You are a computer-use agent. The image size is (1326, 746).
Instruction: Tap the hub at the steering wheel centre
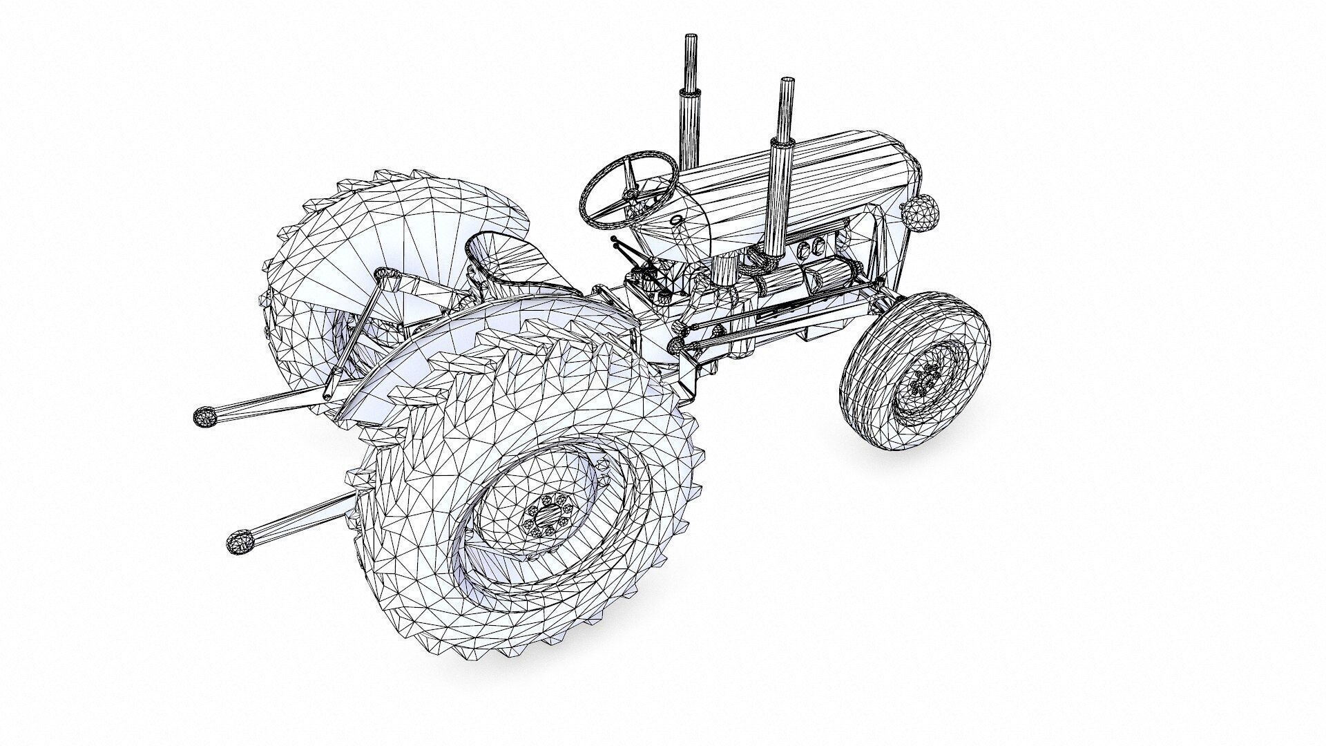[x=630, y=193]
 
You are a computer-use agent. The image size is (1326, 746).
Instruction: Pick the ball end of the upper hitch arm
[x=204, y=417]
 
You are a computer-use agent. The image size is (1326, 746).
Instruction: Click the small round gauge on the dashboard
[x=676, y=220]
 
